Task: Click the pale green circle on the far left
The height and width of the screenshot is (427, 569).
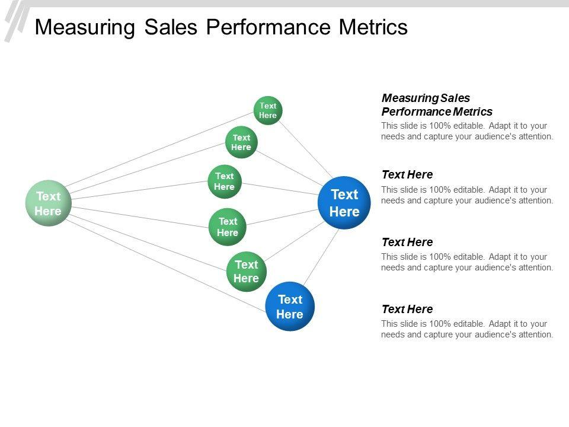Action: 48,203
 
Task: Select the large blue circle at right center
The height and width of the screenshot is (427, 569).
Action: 344,203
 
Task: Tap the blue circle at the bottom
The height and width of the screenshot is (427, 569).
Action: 290,306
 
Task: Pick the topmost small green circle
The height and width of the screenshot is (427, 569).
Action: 268,110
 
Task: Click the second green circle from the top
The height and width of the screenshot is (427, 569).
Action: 241,142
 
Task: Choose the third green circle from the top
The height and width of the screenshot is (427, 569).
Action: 224,181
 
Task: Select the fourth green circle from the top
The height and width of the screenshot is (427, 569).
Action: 227,227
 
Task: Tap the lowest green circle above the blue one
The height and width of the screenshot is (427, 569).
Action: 246,270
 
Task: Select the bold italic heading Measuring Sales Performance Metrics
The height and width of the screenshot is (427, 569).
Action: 436,104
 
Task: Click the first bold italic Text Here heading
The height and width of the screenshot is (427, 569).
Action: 407,174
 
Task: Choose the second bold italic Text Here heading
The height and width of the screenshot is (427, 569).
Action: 407,242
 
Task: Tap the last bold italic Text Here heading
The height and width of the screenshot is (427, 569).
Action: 407,309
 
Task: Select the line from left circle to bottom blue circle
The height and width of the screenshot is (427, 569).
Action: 166,264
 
